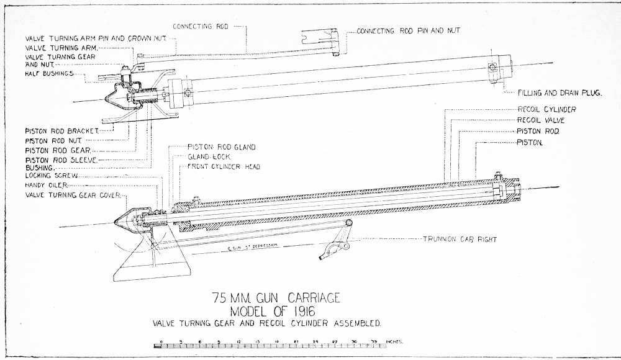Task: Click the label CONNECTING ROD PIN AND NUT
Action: click(409, 30)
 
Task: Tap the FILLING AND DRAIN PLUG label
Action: click(561, 93)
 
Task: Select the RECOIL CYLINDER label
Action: click(546, 110)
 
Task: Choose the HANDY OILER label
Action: click(46, 186)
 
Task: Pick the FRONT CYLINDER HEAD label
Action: click(224, 167)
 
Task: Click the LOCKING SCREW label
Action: click(51, 176)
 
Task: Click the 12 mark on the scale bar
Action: click(239, 342)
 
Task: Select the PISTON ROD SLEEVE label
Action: click(61, 160)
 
